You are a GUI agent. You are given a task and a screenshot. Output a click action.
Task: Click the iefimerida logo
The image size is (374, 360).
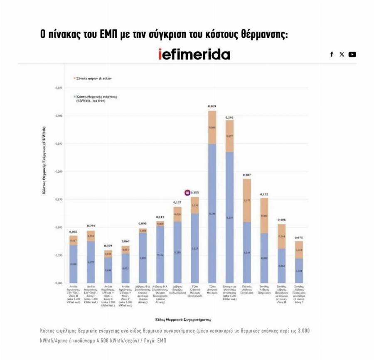[x=194, y=54]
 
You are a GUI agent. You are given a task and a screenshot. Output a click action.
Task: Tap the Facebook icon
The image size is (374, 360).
[x=332, y=54]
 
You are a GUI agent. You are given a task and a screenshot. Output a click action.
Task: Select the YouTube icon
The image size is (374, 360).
[x=352, y=54]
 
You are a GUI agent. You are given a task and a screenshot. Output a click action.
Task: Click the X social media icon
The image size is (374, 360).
[x=342, y=54]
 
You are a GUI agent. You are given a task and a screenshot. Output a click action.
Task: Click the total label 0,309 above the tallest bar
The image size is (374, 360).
[x=212, y=107]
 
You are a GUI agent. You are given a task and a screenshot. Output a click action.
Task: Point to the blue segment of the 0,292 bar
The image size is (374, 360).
[x=229, y=216]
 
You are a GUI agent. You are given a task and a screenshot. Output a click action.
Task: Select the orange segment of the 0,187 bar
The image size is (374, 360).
[x=247, y=201]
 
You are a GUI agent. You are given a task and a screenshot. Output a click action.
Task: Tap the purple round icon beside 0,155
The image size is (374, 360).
[x=187, y=193]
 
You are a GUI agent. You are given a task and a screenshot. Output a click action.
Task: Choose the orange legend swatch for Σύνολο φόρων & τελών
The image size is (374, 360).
[x=74, y=78]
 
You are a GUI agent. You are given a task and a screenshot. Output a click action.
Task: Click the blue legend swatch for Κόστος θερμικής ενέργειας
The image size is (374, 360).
[x=74, y=96]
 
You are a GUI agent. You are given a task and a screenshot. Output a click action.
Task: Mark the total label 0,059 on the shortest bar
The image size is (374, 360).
[x=108, y=246]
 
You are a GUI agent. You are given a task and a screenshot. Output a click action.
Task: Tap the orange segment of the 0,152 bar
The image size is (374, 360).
[x=264, y=216]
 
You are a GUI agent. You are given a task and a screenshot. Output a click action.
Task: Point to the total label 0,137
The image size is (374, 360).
[x=177, y=203]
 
